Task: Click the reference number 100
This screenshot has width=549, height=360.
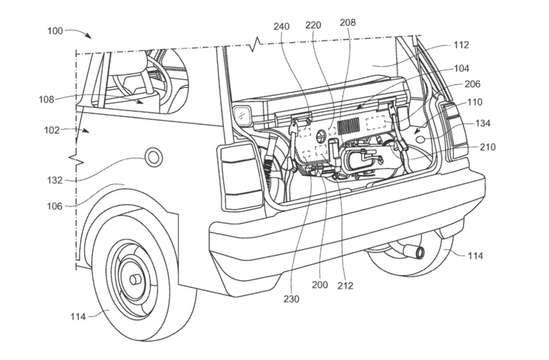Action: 55,31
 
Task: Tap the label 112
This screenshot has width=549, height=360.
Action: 460,45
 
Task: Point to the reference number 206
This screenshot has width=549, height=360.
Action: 473,84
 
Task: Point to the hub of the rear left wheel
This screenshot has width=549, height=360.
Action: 134,274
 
